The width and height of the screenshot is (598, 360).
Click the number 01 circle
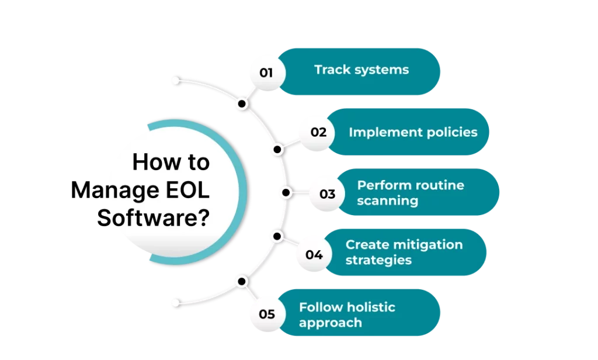pyautogui.click(x=266, y=72)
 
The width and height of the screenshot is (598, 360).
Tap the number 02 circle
pyautogui.click(x=318, y=132)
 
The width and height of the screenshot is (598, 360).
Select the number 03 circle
pyautogui.click(x=328, y=193)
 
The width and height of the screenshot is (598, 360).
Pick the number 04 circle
pyautogui.click(x=314, y=254)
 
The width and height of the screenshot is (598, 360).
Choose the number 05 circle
pyautogui.click(x=266, y=314)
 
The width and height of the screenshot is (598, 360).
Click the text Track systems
pyautogui.click(x=361, y=70)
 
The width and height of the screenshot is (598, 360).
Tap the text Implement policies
pyautogui.click(x=413, y=132)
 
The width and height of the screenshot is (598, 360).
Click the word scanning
pyautogui.click(x=387, y=201)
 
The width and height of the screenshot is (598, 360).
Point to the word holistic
pyautogui.click(x=371, y=307)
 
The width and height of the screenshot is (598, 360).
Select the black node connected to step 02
pyautogui.click(x=277, y=149)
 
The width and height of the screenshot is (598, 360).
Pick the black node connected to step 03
pyautogui.click(x=286, y=193)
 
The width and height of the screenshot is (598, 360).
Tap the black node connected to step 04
pyautogui.click(x=277, y=237)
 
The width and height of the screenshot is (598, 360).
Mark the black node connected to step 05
pyautogui.click(x=242, y=281)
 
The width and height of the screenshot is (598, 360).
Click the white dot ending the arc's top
pyautogui.click(x=175, y=79)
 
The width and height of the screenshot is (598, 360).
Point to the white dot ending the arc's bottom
pyautogui.click(x=175, y=303)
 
